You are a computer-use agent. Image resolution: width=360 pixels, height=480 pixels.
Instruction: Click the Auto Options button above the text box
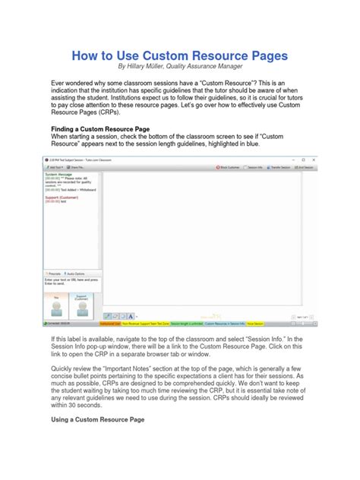click(x=77, y=273)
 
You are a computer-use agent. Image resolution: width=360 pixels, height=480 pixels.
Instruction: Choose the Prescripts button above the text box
click(x=54, y=273)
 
